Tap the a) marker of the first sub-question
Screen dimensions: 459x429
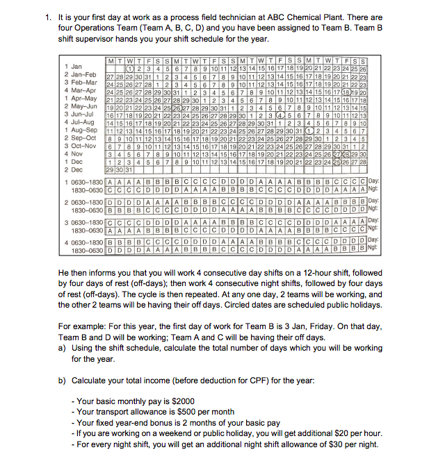coord(64,348)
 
